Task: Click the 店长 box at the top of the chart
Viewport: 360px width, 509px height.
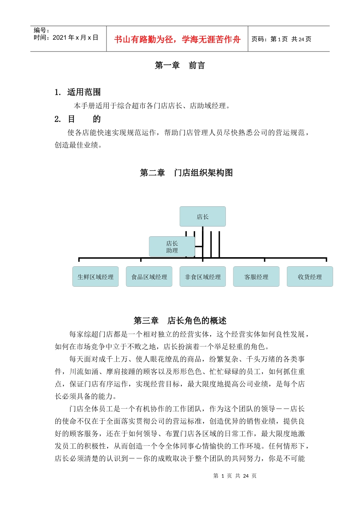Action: tap(203, 217)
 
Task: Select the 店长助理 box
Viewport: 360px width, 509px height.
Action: tap(172, 247)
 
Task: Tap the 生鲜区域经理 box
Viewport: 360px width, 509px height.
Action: tap(95, 277)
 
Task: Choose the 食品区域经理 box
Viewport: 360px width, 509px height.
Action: tap(149, 277)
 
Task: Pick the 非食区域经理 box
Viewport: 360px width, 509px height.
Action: tap(203, 277)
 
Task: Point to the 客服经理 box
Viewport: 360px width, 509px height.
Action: tap(256, 277)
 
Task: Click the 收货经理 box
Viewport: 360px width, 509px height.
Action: tap(310, 277)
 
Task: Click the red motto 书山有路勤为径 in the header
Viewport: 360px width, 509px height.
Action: tap(177, 39)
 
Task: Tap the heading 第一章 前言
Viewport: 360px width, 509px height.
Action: tap(180, 66)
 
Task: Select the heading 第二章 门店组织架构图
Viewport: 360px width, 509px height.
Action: tap(186, 173)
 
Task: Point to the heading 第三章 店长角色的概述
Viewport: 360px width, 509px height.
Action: tap(180, 321)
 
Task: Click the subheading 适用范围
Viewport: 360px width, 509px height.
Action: tap(84, 92)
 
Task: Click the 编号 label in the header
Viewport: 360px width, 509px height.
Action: tap(41, 30)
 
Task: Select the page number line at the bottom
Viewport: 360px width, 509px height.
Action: tap(235, 476)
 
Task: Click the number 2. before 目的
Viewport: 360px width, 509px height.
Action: tap(58, 119)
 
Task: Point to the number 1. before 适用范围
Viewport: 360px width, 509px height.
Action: tap(58, 92)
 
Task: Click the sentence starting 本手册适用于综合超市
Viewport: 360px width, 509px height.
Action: tap(152, 106)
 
